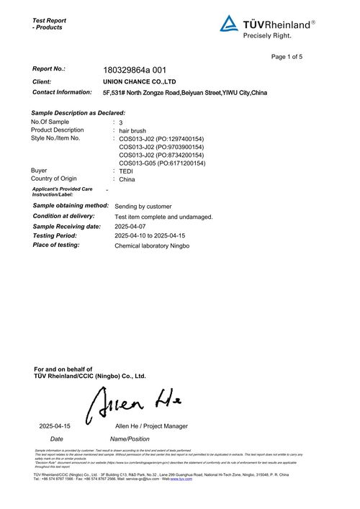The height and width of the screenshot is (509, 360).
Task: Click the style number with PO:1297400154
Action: tap(162, 138)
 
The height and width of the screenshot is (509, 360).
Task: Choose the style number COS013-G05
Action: tap(162, 163)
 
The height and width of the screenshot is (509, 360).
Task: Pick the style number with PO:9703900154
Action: tap(162, 147)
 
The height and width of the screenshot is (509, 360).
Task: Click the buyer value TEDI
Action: tap(126, 171)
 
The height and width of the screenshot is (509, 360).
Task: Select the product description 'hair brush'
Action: tap(133, 130)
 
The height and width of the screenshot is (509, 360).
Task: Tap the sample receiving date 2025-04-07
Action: tap(133, 226)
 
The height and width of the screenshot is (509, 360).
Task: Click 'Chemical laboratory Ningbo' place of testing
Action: tap(152, 246)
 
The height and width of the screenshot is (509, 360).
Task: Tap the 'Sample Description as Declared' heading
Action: tap(78, 113)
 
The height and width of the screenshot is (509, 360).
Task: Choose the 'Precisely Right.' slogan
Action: tap(267, 35)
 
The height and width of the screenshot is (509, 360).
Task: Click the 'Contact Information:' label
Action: tap(62, 93)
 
